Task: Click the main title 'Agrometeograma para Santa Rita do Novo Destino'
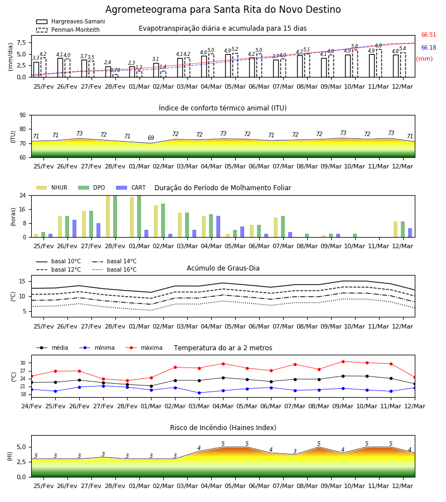223,9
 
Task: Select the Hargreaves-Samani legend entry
70,21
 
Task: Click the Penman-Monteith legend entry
68,30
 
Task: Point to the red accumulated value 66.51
429,35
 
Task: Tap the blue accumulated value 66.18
429,48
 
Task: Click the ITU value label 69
151,138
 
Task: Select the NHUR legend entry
52,187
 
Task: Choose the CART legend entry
131,187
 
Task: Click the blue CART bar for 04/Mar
218,226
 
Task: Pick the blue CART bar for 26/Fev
75,229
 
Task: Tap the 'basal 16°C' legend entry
114,269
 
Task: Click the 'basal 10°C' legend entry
59,261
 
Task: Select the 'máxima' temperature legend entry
144,347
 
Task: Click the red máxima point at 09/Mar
343,362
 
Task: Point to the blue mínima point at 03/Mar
200,393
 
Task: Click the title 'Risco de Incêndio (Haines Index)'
223,428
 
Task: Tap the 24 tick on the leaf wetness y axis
23,195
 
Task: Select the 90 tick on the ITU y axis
23,115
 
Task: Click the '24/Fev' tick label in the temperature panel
31,406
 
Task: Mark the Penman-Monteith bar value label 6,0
379,46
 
